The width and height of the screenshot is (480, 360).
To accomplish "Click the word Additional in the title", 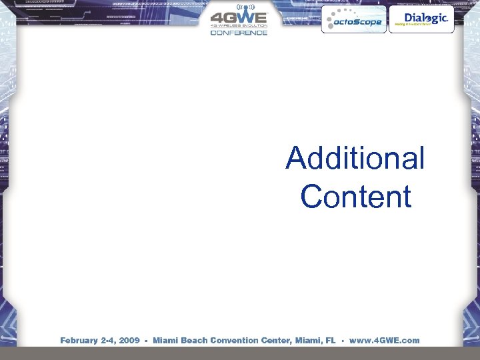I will coord(355,159).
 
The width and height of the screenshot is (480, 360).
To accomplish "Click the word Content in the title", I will coord(355,197).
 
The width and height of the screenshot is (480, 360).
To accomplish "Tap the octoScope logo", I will coord(353,21).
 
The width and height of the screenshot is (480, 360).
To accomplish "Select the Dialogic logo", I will coord(421,19).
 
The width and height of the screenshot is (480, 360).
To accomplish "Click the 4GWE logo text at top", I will coord(239,18).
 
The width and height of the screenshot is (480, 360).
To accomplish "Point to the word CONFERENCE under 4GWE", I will coord(239,33).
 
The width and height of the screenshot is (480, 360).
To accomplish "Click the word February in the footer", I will coord(79,340).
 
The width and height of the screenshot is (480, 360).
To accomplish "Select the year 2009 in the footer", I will coord(129,340).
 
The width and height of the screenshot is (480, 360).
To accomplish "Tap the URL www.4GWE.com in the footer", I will coord(385,340).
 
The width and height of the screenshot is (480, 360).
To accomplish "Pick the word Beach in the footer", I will coord(193,340).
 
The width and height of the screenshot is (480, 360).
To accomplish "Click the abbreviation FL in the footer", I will coord(331,340).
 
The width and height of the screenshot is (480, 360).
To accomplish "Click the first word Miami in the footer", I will coord(165,340).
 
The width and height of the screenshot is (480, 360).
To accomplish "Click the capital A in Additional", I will coord(295,159).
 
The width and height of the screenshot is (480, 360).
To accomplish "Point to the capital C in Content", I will coord(311,197).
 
